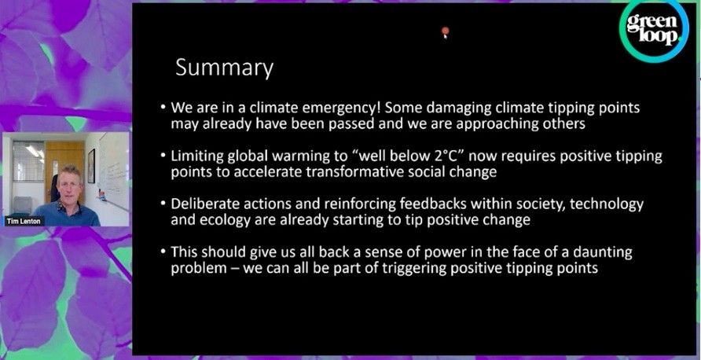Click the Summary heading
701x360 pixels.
224,68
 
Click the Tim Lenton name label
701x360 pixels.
24,221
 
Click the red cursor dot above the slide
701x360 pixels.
445,32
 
